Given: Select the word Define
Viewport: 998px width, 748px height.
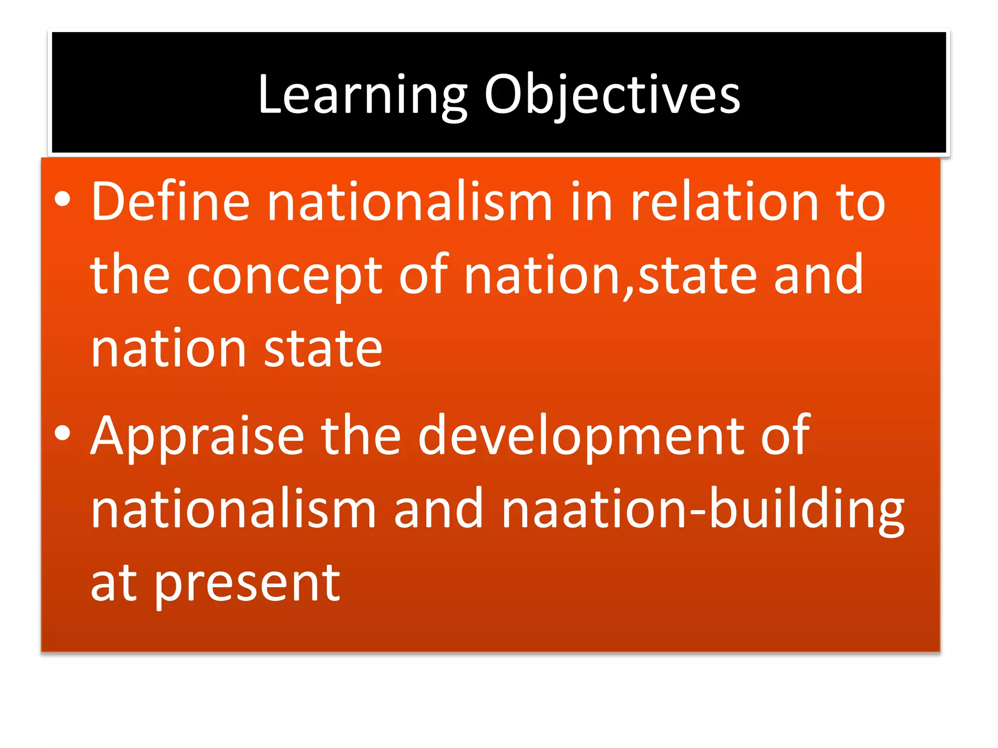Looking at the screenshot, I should pos(170,202).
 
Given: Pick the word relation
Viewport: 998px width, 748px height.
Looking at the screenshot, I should pos(724,202).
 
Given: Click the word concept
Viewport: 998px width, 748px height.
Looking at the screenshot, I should pos(285,276).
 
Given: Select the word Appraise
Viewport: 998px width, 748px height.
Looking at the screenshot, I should pos(197,436).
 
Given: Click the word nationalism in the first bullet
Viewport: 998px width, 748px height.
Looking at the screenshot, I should pos(409,202).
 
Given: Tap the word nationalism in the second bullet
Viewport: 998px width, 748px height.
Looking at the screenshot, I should pos(233,509).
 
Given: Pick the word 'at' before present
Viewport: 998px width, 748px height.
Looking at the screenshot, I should pos(114,583).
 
